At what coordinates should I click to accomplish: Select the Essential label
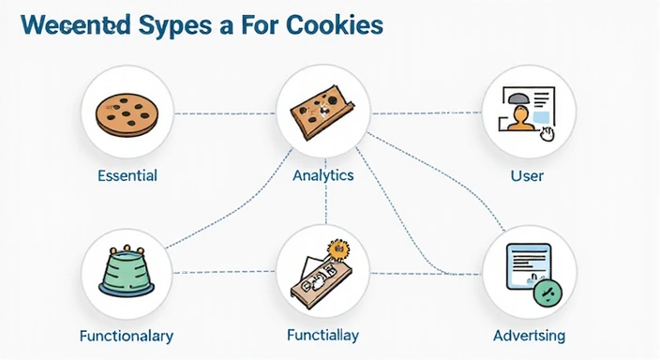[127, 175]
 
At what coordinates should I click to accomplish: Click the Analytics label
[322, 175]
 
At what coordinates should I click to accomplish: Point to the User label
[527, 175]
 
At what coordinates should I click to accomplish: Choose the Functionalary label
[127, 336]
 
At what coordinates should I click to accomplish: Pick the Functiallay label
[322, 335]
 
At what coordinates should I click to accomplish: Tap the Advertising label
[529, 336]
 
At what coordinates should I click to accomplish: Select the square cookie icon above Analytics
[322, 110]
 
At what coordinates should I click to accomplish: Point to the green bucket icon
[127, 272]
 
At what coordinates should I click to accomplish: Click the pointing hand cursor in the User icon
[547, 134]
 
